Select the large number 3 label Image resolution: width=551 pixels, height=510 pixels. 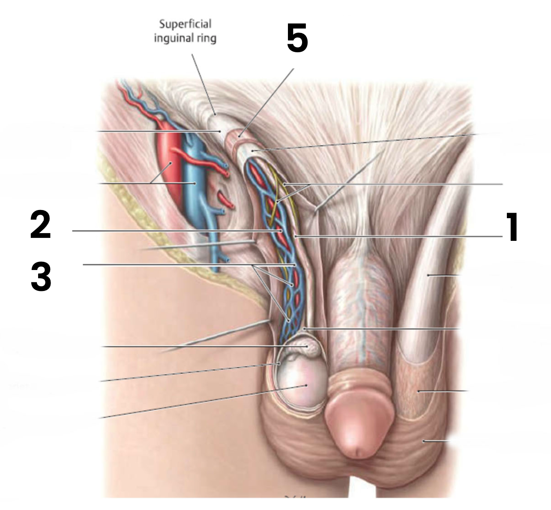[41, 277]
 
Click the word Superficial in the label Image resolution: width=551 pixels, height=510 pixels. [185, 24]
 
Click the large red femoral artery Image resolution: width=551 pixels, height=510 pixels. [169, 169]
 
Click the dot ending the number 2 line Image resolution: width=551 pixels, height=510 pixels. [281, 231]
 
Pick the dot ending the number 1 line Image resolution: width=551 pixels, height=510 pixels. [296, 236]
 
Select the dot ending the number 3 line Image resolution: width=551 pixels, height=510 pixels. [295, 265]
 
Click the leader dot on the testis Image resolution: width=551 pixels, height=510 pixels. [306, 385]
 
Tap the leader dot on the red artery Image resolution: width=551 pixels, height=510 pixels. [171, 163]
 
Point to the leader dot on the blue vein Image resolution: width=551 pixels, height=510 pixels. [195, 183]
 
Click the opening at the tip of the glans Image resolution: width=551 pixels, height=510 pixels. [358, 453]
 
